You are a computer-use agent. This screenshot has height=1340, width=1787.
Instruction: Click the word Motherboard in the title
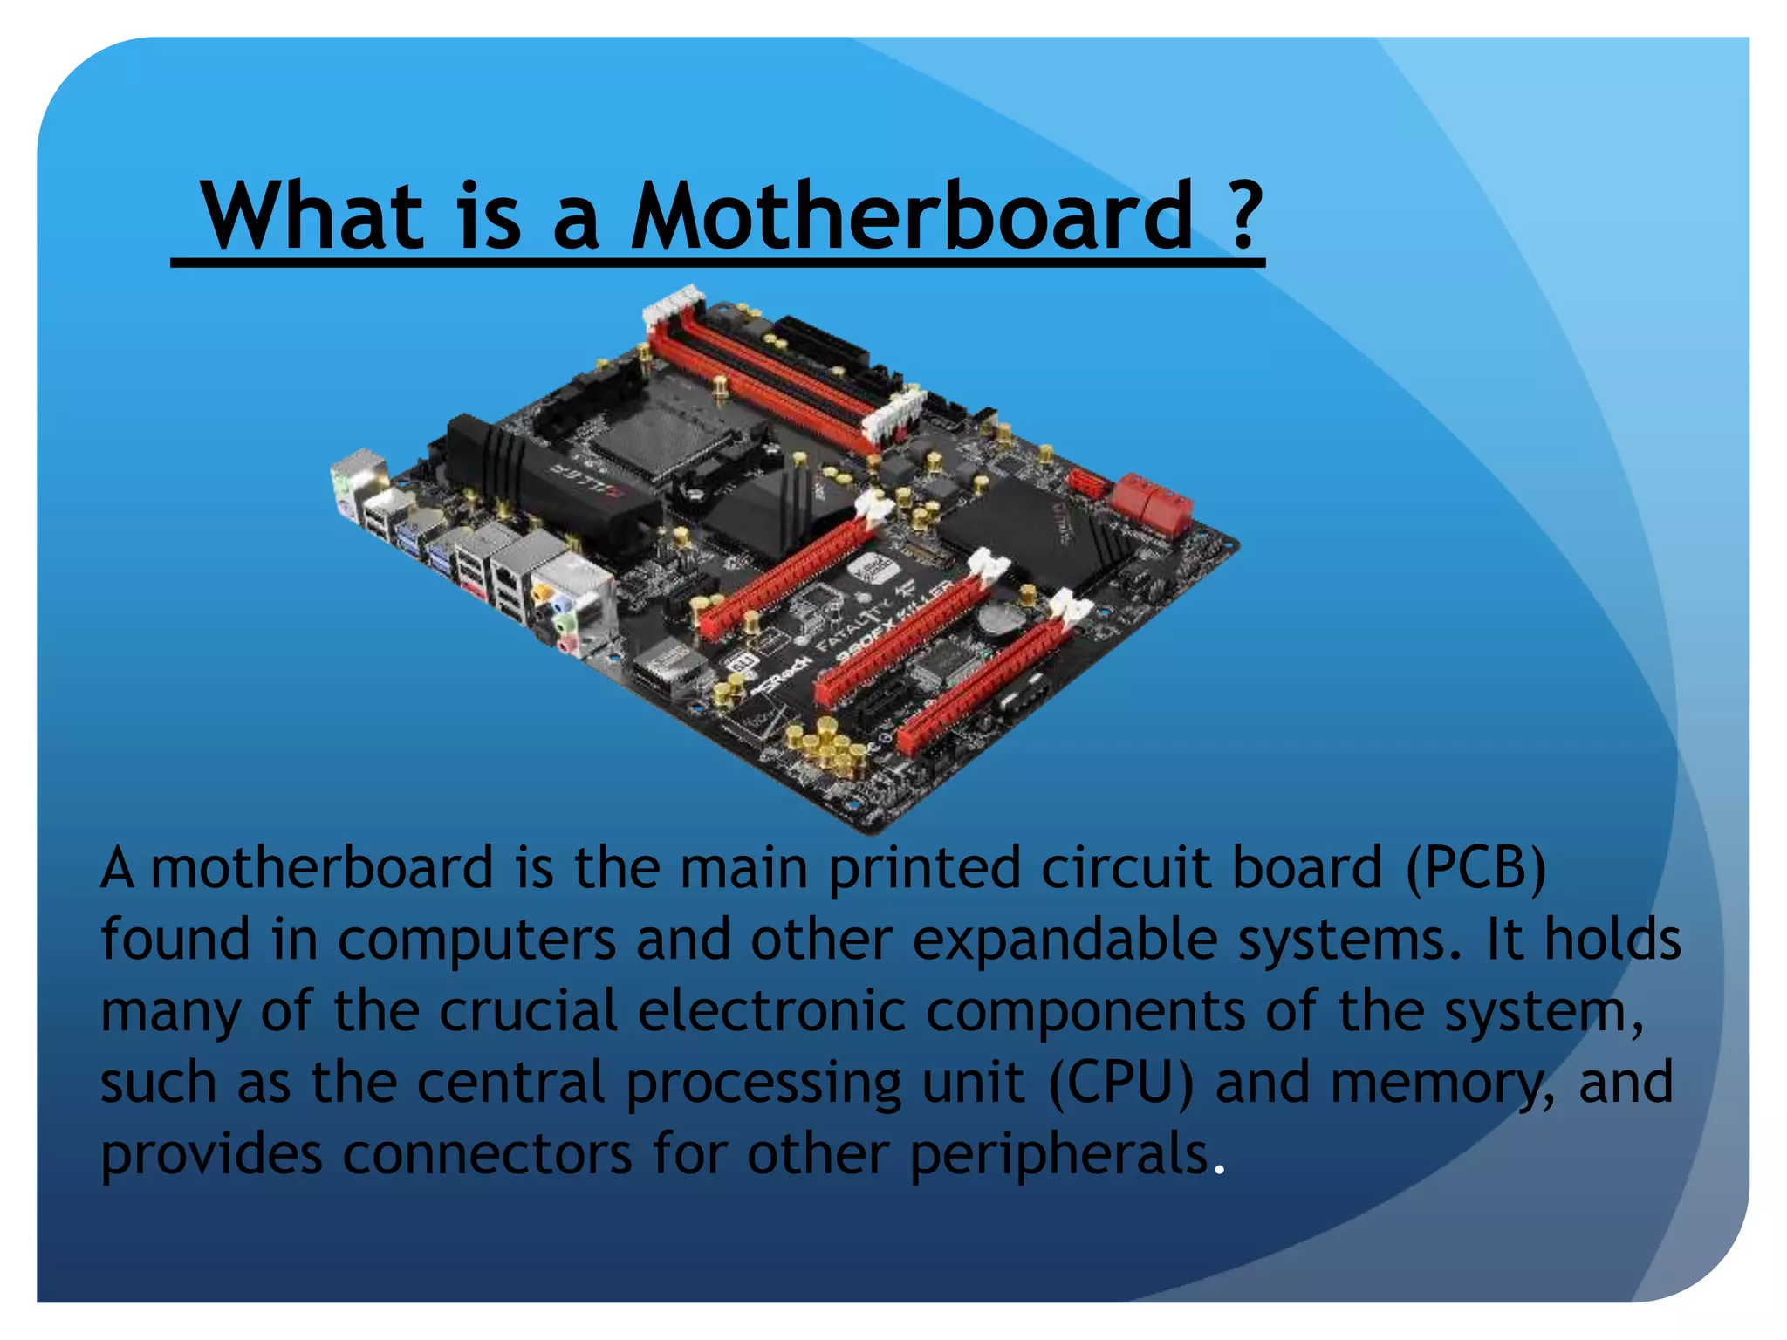click(x=911, y=215)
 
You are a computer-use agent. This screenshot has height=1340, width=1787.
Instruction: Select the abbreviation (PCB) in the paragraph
click(x=1475, y=869)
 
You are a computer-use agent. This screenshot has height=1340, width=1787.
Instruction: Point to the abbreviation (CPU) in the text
click(x=1120, y=1084)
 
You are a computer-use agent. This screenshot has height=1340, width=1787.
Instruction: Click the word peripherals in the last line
click(x=1059, y=1155)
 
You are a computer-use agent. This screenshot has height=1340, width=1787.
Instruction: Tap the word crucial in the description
click(x=528, y=1012)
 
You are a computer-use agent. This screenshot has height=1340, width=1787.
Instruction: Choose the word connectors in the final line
click(x=487, y=1155)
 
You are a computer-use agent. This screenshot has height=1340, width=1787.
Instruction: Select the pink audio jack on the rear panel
click(x=567, y=645)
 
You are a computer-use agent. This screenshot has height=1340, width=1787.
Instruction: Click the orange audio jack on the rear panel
click(x=542, y=592)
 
